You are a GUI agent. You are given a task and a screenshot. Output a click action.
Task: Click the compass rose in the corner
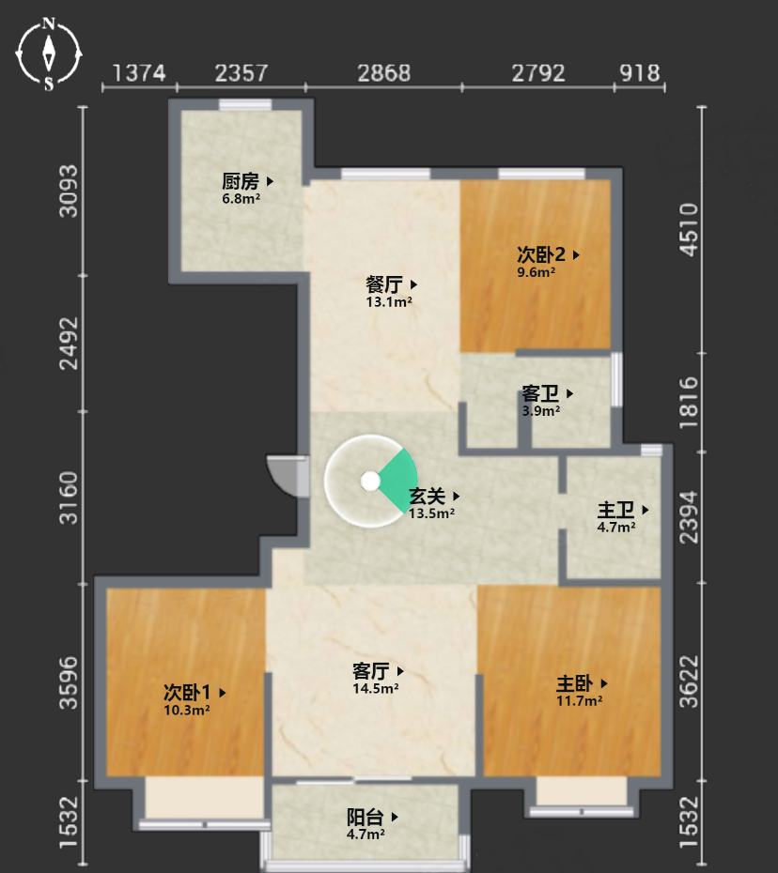pos(49,54)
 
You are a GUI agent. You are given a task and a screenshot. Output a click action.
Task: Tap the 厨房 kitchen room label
pos(241,181)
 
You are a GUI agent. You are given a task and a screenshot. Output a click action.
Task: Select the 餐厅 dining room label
pos(384,284)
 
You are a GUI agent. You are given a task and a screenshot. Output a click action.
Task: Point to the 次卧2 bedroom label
pos(541,255)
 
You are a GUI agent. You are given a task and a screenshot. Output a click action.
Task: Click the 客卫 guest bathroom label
pos(540,393)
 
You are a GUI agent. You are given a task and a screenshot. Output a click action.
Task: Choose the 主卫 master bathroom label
pos(615,510)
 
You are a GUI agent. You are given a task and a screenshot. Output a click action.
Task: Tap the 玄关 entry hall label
pos(428,496)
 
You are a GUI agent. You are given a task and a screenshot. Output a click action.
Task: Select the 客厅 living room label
pos(371,671)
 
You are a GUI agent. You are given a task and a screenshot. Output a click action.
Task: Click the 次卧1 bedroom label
pos(187,693)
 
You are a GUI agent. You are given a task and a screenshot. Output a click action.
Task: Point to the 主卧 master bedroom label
pos(575,683)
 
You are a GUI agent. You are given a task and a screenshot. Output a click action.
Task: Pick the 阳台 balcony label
pos(366,817)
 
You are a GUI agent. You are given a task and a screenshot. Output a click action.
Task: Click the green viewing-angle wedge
pos(400,481)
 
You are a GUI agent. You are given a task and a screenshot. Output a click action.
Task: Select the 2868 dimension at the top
pos(384,73)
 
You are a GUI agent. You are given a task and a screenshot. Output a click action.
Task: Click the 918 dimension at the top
pos(640,73)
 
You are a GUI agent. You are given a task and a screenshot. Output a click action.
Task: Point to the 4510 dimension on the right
pos(690,230)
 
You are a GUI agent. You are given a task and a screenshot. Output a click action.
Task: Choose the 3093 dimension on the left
pos(70,191)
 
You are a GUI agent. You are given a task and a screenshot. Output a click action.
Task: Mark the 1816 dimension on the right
pos(690,403)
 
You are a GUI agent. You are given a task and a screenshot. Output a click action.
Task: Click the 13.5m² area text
pos(431,513)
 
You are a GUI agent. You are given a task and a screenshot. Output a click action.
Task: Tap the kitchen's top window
pos(245,105)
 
